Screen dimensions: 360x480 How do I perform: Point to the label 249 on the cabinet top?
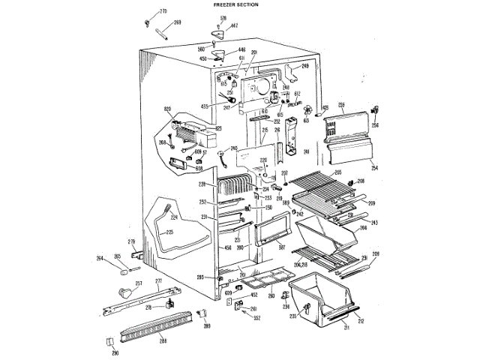[305, 67]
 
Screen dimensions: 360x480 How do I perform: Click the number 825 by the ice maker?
[219, 128]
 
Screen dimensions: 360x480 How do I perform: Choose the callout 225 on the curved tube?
[169, 232]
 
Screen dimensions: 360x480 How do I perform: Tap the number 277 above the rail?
[158, 280]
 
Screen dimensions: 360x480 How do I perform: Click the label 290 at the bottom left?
[115, 353]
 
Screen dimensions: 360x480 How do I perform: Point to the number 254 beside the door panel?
[375, 168]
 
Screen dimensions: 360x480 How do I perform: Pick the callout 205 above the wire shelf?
[338, 172]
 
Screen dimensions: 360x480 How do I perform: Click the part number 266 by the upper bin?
[364, 227]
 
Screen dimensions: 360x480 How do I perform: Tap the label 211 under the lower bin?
[346, 328]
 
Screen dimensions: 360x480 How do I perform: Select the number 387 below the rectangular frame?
[281, 247]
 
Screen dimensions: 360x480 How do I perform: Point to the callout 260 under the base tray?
[271, 295]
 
